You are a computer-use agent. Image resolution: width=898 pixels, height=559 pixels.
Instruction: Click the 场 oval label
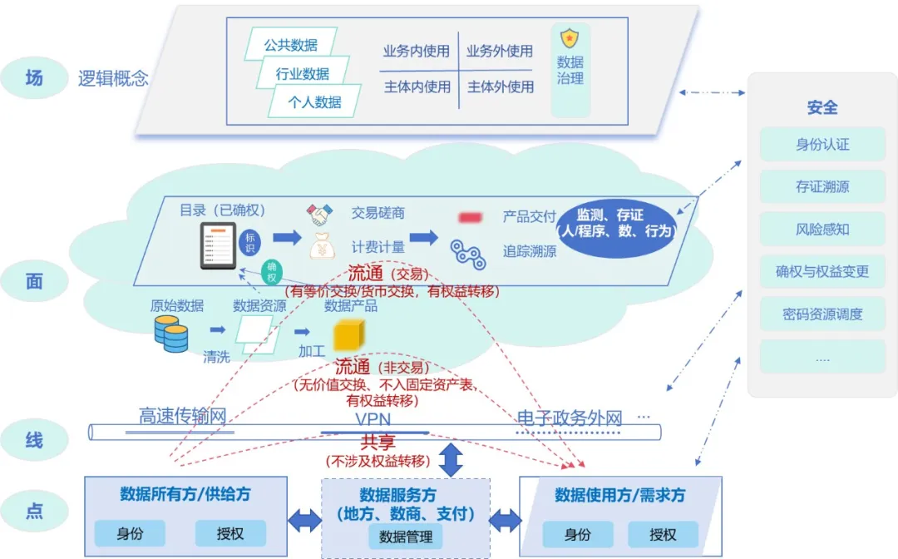click(34, 78)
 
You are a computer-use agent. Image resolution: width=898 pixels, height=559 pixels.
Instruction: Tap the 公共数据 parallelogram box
click(291, 45)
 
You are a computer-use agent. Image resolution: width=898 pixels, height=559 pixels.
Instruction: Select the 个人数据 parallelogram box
click(314, 101)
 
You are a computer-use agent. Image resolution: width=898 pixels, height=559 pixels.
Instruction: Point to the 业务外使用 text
click(499, 51)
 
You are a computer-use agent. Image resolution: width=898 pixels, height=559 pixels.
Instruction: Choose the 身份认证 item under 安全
click(822, 144)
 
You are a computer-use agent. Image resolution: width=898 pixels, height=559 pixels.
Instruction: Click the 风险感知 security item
click(822, 229)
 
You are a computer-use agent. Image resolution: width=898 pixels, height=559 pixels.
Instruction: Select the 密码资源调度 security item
click(822, 314)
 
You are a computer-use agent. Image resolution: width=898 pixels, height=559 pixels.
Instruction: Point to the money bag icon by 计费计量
click(322, 246)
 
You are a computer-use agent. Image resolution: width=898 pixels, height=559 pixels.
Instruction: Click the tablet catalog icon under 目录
click(218, 245)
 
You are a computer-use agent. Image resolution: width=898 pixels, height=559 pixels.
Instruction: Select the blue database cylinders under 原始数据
click(171, 333)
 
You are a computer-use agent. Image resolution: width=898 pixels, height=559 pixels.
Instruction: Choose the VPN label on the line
click(373, 419)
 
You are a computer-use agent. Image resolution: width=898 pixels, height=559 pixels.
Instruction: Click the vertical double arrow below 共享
click(451, 460)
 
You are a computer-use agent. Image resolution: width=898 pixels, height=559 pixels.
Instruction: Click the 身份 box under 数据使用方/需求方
click(578, 534)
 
